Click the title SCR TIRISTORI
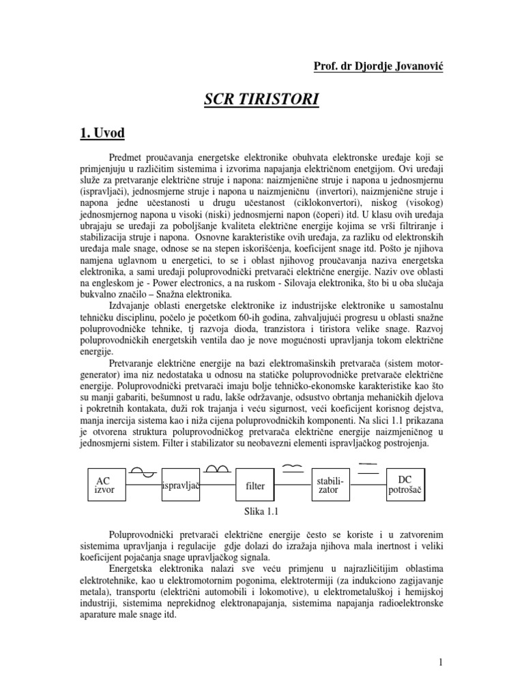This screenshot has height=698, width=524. (261, 101)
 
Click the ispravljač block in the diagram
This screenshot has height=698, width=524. (180, 485)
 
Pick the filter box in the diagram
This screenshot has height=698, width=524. (254, 486)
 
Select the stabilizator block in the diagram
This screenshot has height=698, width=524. (330, 485)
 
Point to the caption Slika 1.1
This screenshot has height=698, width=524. (262, 513)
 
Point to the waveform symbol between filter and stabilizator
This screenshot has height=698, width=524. (292, 467)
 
